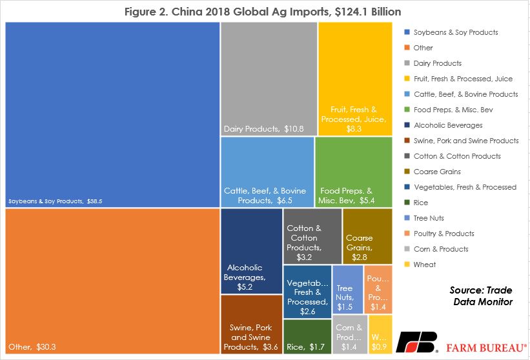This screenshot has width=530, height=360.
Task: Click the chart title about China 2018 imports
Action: (x=263, y=12)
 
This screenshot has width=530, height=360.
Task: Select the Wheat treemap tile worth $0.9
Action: (x=380, y=334)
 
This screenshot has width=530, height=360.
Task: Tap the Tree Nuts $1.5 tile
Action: (x=348, y=290)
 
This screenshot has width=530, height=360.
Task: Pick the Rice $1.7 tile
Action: (x=307, y=337)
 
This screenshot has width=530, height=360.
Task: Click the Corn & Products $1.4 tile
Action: (x=350, y=334)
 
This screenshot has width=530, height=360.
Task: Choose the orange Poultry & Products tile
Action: (x=378, y=290)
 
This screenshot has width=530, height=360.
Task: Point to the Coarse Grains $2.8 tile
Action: (x=367, y=236)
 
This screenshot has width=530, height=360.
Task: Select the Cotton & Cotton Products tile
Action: (x=312, y=236)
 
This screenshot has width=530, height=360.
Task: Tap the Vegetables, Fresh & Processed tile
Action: (x=307, y=292)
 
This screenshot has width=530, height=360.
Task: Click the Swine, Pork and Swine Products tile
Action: (x=252, y=325)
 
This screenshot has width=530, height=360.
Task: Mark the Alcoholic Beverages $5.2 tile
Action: (x=252, y=251)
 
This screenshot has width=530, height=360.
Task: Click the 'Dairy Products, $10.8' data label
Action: (x=263, y=128)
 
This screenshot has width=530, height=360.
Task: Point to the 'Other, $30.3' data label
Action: (x=32, y=347)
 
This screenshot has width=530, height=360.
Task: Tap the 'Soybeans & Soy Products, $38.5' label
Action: (x=55, y=201)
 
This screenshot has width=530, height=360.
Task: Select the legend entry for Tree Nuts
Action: (x=424, y=218)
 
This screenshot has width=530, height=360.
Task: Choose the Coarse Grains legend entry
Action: (x=433, y=172)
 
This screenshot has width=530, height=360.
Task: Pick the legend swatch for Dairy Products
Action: (x=407, y=63)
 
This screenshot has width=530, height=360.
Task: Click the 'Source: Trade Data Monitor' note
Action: (x=481, y=296)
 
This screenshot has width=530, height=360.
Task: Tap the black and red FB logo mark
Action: (x=417, y=342)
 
